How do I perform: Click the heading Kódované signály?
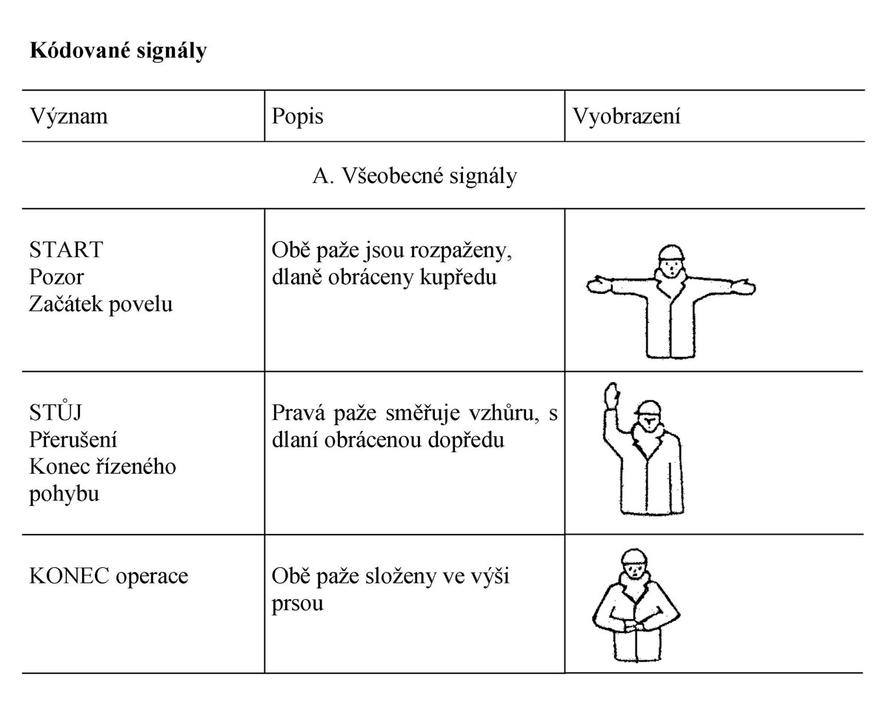pos(118,51)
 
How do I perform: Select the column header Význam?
pos(68,116)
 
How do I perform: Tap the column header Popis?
pos(297,116)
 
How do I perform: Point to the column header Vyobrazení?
pos(626,116)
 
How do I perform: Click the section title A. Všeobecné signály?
pos(415,176)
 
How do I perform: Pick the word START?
pos(66,250)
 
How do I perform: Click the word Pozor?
pos(57,277)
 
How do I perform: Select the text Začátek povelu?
pos(101,304)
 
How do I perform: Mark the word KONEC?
pos(69,575)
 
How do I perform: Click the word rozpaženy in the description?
pos(456,250)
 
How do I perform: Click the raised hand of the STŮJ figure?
pos(610,395)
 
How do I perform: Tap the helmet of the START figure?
pos(670,253)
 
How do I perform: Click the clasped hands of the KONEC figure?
pos(636,628)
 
